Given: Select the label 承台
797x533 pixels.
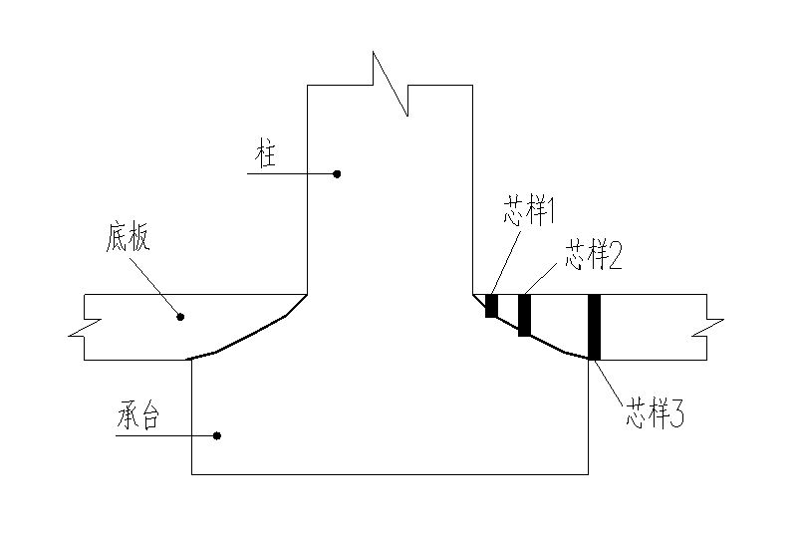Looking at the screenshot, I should [136, 418].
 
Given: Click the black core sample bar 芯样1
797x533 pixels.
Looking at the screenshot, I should [491, 306].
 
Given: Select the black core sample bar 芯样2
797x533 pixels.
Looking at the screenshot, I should [524, 316].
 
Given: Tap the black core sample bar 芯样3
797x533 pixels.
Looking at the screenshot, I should [595, 327].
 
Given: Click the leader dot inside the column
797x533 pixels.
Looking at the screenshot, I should [337, 173].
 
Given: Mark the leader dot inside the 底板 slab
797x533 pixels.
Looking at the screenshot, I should [180, 317].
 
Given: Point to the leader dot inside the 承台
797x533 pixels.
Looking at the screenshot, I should [217, 435].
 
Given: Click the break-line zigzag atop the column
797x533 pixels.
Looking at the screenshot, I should [390, 84].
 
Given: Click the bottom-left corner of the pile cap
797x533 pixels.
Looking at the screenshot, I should [191, 474].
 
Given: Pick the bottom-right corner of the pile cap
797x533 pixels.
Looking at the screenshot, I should [588, 474].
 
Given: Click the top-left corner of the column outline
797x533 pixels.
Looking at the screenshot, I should [307, 86].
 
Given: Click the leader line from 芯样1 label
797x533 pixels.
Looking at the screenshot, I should [504, 260].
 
